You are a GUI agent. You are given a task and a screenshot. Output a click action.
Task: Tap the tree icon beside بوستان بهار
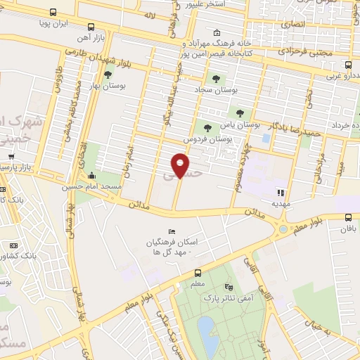click(x=108, y=75)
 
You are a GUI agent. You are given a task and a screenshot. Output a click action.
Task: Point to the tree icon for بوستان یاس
click(x=240, y=112)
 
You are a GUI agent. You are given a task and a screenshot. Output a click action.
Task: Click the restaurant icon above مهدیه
click(x=281, y=192)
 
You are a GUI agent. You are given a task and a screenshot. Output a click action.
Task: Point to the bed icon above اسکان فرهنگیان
click(x=172, y=232)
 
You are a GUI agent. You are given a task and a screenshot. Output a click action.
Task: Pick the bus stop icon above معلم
click(x=198, y=274)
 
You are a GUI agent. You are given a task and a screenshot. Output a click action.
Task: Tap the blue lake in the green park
click(x=207, y=329)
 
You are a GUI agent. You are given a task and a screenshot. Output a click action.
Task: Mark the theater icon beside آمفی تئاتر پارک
click(x=227, y=287)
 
